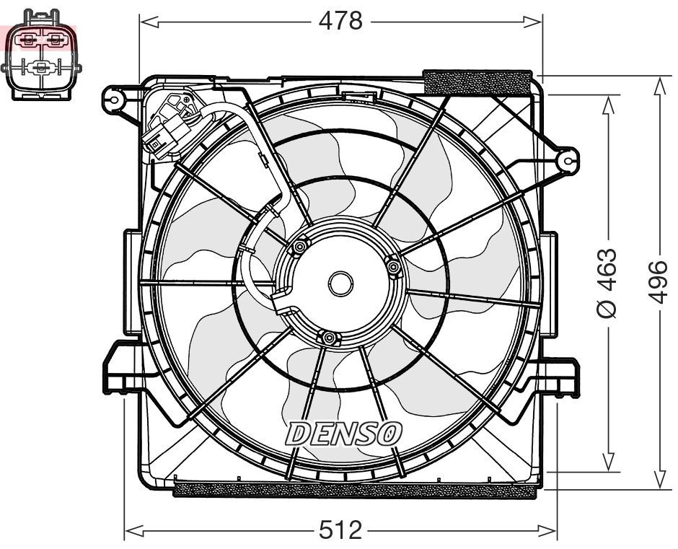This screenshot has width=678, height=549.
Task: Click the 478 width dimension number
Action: (x=340, y=22)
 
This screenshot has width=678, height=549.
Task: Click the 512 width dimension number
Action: (x=340, y=531)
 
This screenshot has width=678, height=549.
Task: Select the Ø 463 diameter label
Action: (x=607, y=283)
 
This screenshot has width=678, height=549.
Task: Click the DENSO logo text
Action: (x=343, y=433)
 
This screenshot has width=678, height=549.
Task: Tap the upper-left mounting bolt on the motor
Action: (x=299, y=249)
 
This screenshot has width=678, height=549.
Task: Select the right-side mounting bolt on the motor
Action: (x=393, y=268)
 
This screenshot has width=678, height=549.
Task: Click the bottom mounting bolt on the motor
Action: (x=328, y=338)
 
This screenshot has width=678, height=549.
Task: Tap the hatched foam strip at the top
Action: (x=478, y=81)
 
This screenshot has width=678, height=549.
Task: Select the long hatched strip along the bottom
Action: (x=356, y=490)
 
